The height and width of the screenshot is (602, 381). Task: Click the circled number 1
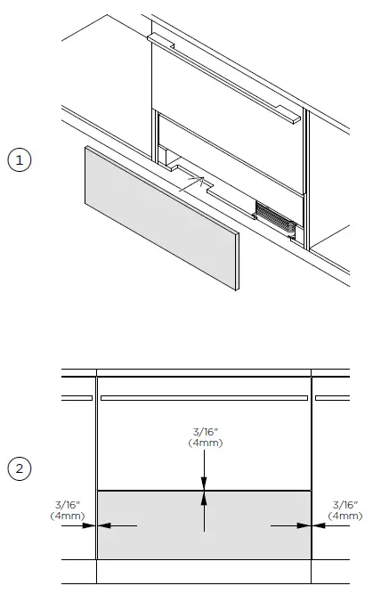click(20, 161)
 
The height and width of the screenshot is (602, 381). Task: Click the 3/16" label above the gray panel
click(204, 433)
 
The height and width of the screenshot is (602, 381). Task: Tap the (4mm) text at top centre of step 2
click(204, 443)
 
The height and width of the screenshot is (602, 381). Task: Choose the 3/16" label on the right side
click(345, 506)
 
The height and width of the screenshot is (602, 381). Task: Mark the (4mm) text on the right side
click(345, 516)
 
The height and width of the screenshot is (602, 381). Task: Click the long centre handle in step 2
click(204, 397)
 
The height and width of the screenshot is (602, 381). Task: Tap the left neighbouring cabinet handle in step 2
click(77, 397)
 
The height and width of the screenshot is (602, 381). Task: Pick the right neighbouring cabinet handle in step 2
click(331, 397)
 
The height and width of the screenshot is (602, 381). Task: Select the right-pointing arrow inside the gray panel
click(290, 525)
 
